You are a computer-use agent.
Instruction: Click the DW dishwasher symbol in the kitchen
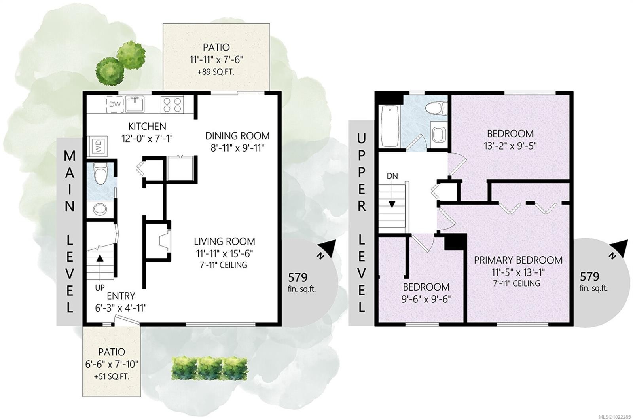point(115,104)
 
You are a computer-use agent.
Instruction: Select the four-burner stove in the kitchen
point(172,105)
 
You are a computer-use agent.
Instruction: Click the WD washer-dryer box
point(97,146)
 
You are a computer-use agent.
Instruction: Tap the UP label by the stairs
point(100,288)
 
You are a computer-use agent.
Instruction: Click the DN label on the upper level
point(392,176)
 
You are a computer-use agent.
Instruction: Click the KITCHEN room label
point(147,126)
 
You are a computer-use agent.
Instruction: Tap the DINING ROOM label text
point(237,136)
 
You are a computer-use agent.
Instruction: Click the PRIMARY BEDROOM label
point(518,260)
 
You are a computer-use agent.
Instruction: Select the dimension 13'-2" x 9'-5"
point(510,146)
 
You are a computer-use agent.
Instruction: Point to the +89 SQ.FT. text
point(216,72)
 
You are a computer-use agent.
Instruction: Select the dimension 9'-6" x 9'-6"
point(426,299)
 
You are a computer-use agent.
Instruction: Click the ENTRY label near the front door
point(121,296)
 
